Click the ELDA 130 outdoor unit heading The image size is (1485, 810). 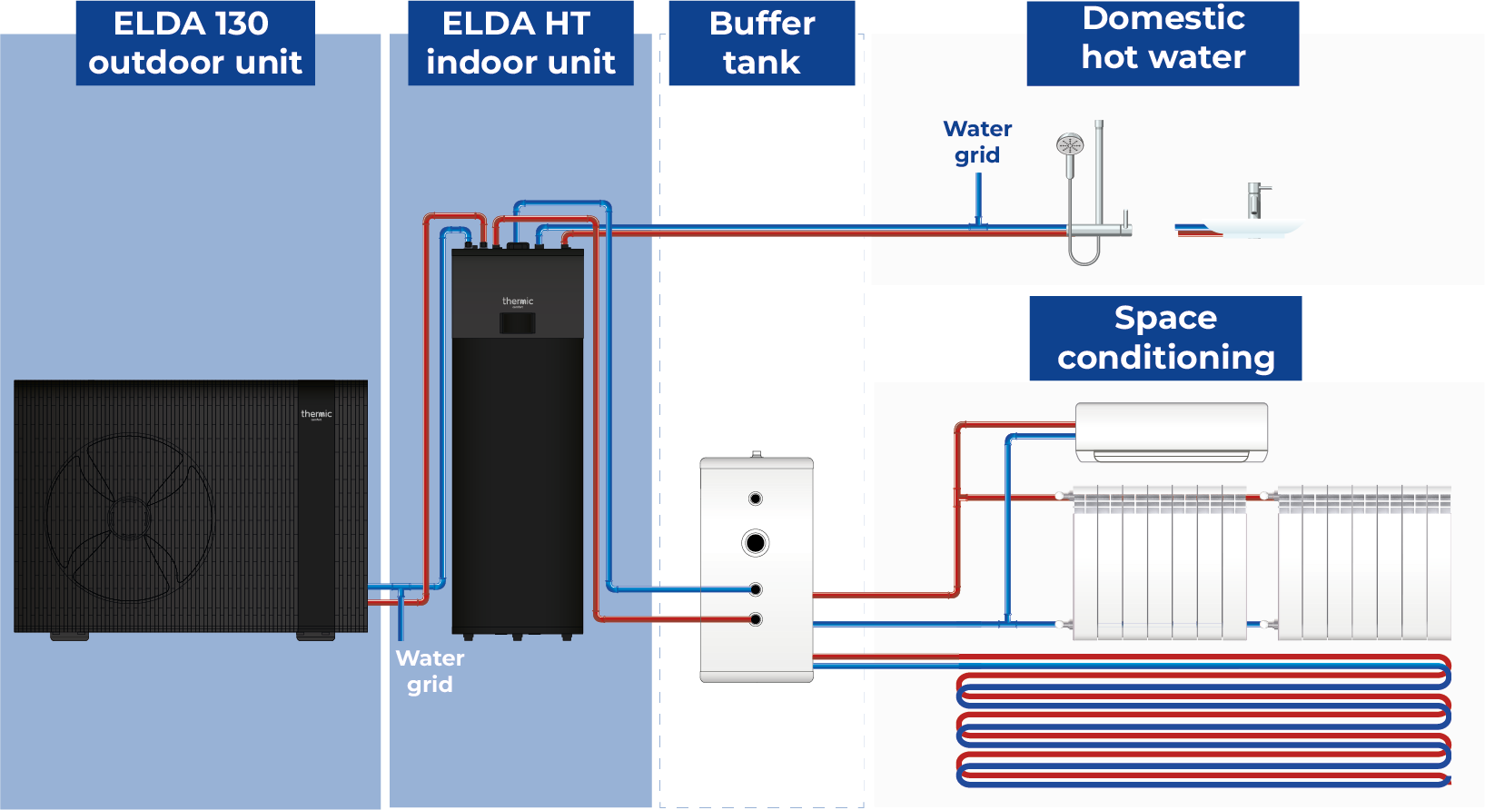click(194, 43)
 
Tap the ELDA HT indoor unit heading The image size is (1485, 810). click(520, 43)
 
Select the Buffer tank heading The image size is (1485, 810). click(761, 43)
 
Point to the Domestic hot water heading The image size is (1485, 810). click(1163, 38)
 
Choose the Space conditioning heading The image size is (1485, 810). click(1165, 338)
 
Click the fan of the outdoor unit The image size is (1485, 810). click(130, 518)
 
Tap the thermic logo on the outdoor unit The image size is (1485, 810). click(316, 414)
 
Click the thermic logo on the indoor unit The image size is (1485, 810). click(518, 301)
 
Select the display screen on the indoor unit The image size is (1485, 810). click(517, 322)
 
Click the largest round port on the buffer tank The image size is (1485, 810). click(755, 543)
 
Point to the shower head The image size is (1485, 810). click(1070, 144)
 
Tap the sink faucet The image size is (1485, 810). click(1255, 200)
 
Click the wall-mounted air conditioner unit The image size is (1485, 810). click(1171, 431)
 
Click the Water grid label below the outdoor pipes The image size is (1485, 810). click(430, 671)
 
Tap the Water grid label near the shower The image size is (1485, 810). click(977, 142)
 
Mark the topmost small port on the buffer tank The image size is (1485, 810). click(755, 499)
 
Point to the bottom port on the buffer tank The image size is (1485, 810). click(755, 619)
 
